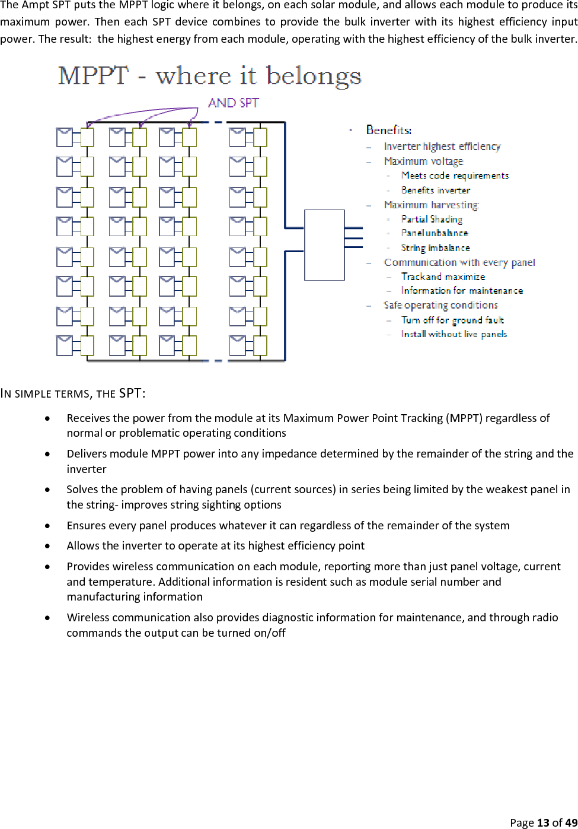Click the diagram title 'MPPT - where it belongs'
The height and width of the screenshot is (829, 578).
[210, 76]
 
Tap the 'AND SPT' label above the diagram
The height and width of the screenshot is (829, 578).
[234, 103]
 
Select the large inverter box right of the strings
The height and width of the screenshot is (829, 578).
[324, 244]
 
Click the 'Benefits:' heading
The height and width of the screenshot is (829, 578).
[389, 130]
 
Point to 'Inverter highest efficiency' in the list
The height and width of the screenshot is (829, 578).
[442, 147]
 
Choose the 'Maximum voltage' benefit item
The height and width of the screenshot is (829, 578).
[423, 161]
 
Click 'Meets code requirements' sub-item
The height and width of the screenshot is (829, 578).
[455, 176]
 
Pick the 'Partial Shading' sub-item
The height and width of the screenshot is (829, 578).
[432, 219]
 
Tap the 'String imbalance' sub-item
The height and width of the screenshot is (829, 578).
[436, 248]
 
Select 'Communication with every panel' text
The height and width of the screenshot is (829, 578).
[459, 262]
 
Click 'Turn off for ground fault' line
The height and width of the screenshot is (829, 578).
[452, 320]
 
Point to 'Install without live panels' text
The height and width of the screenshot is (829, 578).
[454, 334]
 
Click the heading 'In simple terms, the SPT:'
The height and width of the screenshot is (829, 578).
[73, 393]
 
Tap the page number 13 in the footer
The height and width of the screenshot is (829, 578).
[543, 822]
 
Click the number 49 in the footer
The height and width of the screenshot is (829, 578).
[571, 822]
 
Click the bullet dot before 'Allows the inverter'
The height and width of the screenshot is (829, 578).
[47, 546]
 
